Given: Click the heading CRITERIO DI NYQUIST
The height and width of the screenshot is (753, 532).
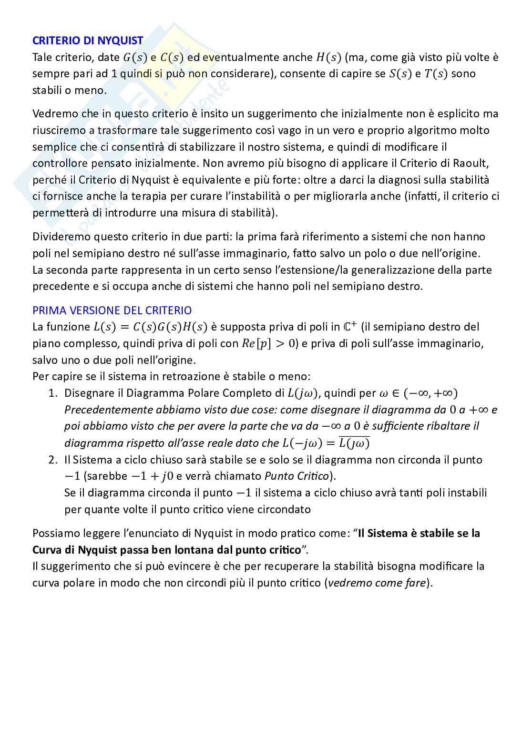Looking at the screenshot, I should click(87, 41).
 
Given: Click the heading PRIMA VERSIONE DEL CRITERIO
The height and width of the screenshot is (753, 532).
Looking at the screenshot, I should click(112, 310).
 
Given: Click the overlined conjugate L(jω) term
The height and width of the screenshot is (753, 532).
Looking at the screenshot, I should click(354, 444).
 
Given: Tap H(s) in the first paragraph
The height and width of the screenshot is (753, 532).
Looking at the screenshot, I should click(329, 58).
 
